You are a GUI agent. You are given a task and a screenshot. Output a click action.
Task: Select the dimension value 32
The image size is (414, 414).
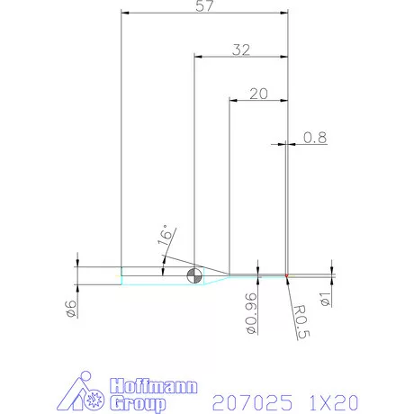pos(240,49)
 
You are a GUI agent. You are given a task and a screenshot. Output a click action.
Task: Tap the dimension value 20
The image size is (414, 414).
pos(259,93)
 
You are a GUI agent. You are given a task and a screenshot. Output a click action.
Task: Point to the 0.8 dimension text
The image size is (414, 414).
pos(315,138)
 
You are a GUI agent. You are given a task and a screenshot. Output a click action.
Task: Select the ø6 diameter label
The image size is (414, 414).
pos(70,308)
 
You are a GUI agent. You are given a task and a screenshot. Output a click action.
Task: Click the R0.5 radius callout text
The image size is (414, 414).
pos(302,320)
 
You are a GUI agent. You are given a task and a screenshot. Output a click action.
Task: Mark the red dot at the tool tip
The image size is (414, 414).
pos(286,274)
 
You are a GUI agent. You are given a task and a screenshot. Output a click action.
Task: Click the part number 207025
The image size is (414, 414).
pos(253,400)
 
